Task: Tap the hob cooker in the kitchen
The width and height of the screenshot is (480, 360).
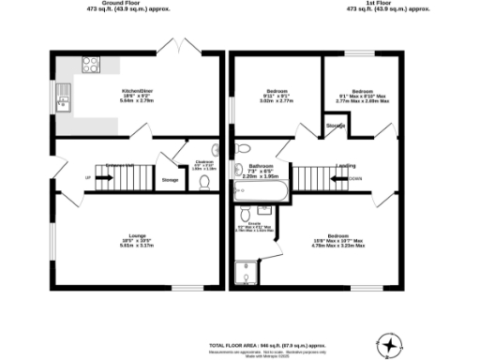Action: click(x=92, y=65)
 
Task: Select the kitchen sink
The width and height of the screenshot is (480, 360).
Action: click(x=64, y=96)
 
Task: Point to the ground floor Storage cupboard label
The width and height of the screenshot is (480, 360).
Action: click(x=170, y=179)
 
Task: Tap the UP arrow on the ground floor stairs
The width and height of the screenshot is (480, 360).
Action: click(x=88, y=176)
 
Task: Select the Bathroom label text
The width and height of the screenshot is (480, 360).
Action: click(x=262, y=166)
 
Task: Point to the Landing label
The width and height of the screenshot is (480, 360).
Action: click(x=346, y=163)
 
